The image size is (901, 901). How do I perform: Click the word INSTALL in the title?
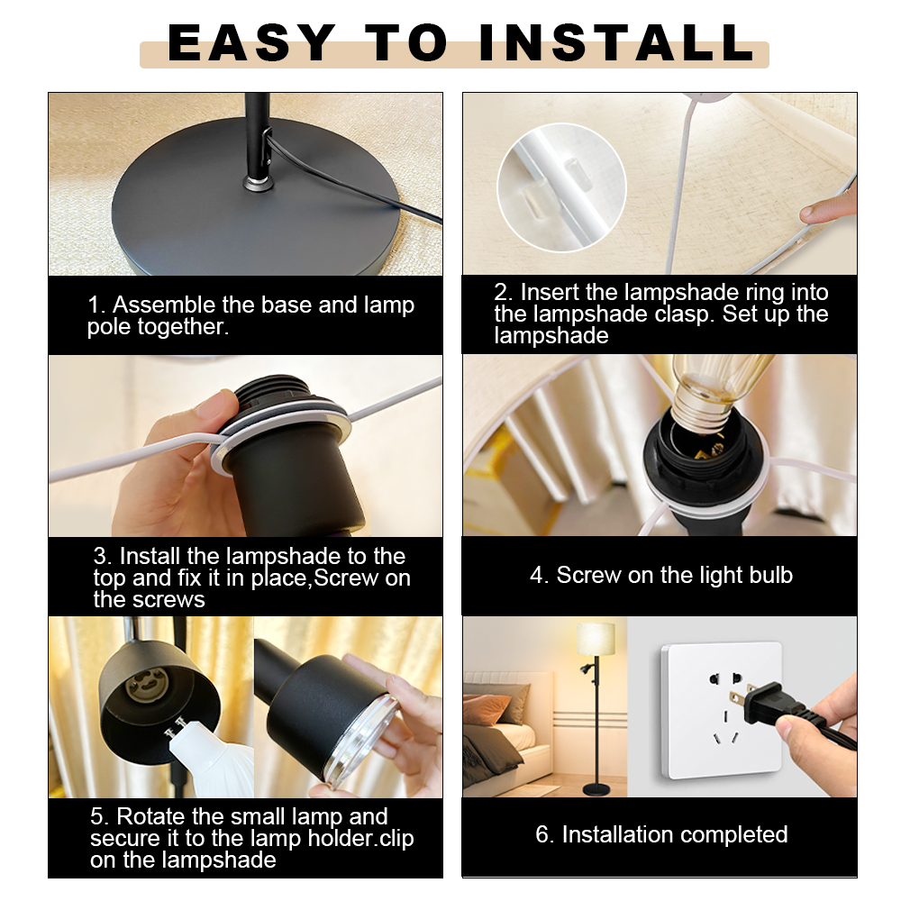617,42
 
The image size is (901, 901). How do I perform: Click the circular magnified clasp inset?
561,187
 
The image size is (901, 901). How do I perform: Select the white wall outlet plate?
721,710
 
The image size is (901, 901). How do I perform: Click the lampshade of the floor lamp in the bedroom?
596,639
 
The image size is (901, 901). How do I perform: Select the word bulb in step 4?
769,575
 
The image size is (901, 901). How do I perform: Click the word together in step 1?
183,327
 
